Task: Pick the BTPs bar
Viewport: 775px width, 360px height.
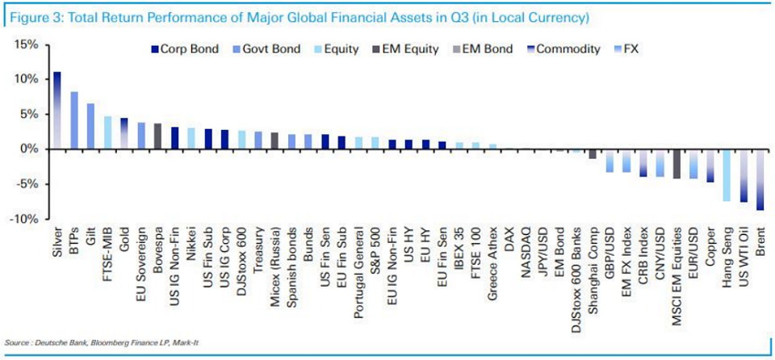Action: point(74,120)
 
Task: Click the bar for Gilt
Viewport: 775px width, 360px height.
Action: point(90,126)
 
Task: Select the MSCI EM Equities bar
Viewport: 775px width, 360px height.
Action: point(677,163)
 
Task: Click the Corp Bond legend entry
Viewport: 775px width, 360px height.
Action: point(185,49)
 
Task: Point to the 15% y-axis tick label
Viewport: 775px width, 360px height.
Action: point(26,44)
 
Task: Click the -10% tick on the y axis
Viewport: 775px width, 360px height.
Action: point(23,219)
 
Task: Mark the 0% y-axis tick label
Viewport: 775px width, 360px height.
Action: point(29,149)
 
